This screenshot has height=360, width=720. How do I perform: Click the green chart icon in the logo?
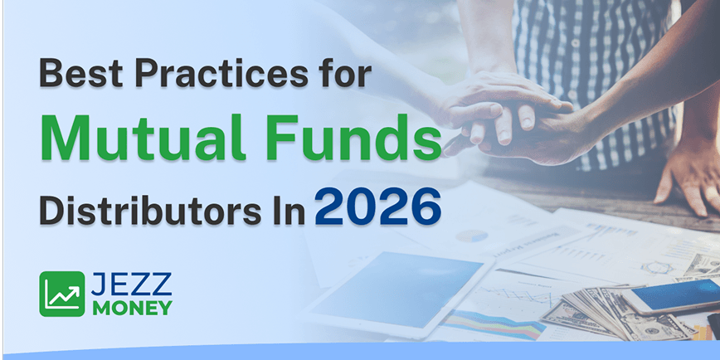(x=61, y=294)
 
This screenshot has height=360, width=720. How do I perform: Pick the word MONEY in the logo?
(x=133, y=308)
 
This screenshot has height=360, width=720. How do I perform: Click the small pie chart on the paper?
(x=470, y=236)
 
